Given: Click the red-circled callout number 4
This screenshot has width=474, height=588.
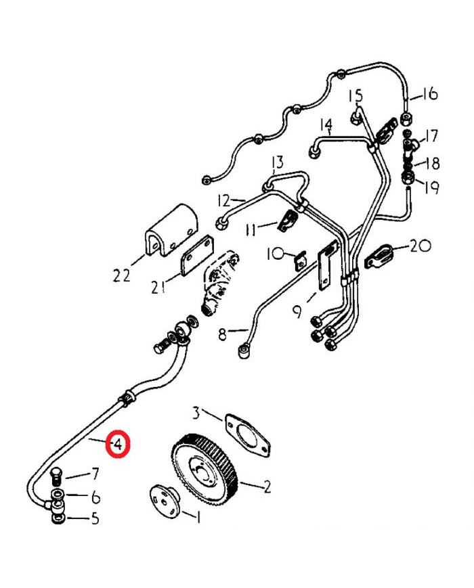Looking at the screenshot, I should pyautogui.click(x=118, y=445).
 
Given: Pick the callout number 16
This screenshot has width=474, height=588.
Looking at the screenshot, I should pyautogui.click(x=430, y=94).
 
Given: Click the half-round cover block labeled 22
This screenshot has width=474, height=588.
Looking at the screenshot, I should pyautogui.click(x=171, y=230).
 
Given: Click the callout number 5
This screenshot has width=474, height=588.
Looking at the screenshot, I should pyautogui.click(x=95, y=520).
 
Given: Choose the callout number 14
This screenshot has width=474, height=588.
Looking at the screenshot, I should pyautogui.click(x=326, y=125).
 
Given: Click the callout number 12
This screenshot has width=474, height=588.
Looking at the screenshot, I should pyautogui.click(x=224, y=200).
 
